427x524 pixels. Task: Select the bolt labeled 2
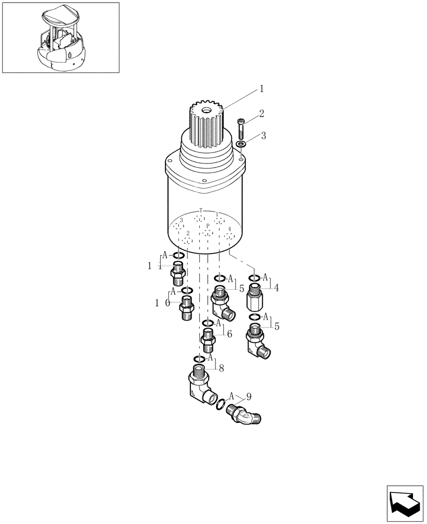(241, 127)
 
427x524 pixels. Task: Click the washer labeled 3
(241, 144)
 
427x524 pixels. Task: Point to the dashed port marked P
(208, 233)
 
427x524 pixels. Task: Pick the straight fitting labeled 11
(178, 273)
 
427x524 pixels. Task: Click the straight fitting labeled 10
(186, 308)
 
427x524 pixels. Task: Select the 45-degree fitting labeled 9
(244, 414)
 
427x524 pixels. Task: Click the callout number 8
(221, 368)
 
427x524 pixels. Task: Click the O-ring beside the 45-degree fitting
(221, 404)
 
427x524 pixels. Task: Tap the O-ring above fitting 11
(178, 256)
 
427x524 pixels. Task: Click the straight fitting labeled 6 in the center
(208, 339)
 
